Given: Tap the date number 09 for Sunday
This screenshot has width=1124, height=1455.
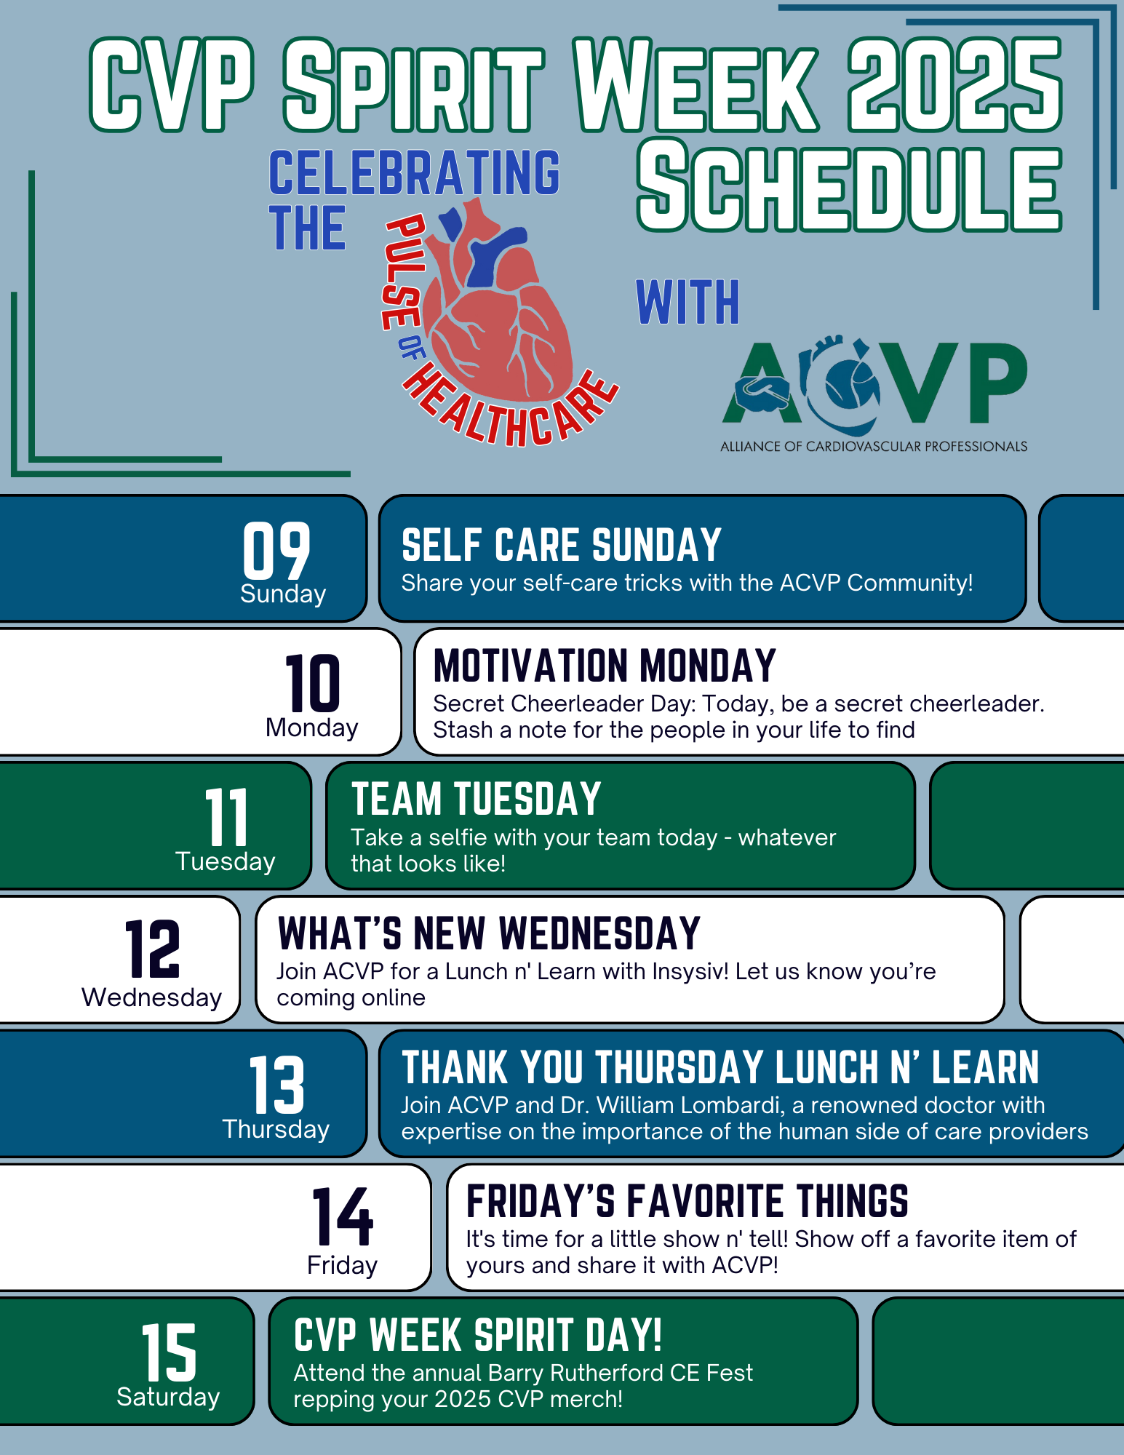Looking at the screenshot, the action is [x=276, y=551].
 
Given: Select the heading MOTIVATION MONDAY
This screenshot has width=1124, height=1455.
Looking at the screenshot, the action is [x=605, y=666].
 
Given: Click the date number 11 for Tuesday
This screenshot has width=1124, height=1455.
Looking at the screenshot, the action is [x=226, y=817].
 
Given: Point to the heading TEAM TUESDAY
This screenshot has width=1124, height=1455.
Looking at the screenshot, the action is [x=477, y=800].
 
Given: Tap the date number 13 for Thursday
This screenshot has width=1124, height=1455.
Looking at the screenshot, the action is [x=276, y=1085].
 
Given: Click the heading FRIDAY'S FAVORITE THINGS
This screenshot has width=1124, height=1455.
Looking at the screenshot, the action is [x=687, y=1201].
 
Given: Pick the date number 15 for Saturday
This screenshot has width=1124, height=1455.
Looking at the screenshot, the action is [x=169, y=1352].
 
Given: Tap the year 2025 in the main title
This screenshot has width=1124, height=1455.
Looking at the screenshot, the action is [x=954, y=85].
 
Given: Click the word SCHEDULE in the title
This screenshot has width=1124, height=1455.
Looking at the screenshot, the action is [x=850, y=187].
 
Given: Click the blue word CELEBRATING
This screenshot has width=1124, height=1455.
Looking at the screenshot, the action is [x=415, y=172].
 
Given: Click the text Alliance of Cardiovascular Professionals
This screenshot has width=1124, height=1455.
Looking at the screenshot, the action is [x=874, y=446].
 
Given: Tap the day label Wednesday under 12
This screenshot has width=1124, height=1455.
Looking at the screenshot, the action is [x=151, y=997].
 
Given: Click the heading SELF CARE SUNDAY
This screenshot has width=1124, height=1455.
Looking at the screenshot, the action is [x=561, y=546].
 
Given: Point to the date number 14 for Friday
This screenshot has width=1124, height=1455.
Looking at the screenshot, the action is [x=343, y=1217].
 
